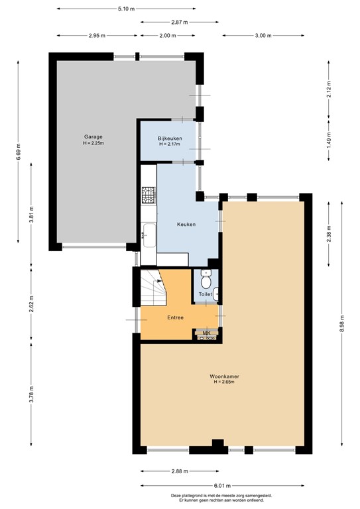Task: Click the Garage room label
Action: pos(93,137)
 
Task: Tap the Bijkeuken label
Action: pos(170,139)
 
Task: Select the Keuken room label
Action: pos(186,224)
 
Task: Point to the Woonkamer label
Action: pos(224,376)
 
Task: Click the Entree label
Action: pos(175,317)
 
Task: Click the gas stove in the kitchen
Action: pos(149,195)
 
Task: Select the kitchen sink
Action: pos(149,235)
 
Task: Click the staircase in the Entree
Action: pos(153,288)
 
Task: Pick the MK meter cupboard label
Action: pos(206,333)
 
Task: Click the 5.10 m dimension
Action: pos(126,9)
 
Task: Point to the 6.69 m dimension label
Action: pos(18,152)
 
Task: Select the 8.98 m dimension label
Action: pos(342,323)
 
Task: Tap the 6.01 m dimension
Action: pos(222,486)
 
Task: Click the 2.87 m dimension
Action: pos(180,23)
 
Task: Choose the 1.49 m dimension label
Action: pos(329,141)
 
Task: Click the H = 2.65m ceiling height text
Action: pos(224,382)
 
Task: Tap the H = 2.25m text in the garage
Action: pos(93,143)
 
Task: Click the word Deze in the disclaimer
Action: pos(174,496)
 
